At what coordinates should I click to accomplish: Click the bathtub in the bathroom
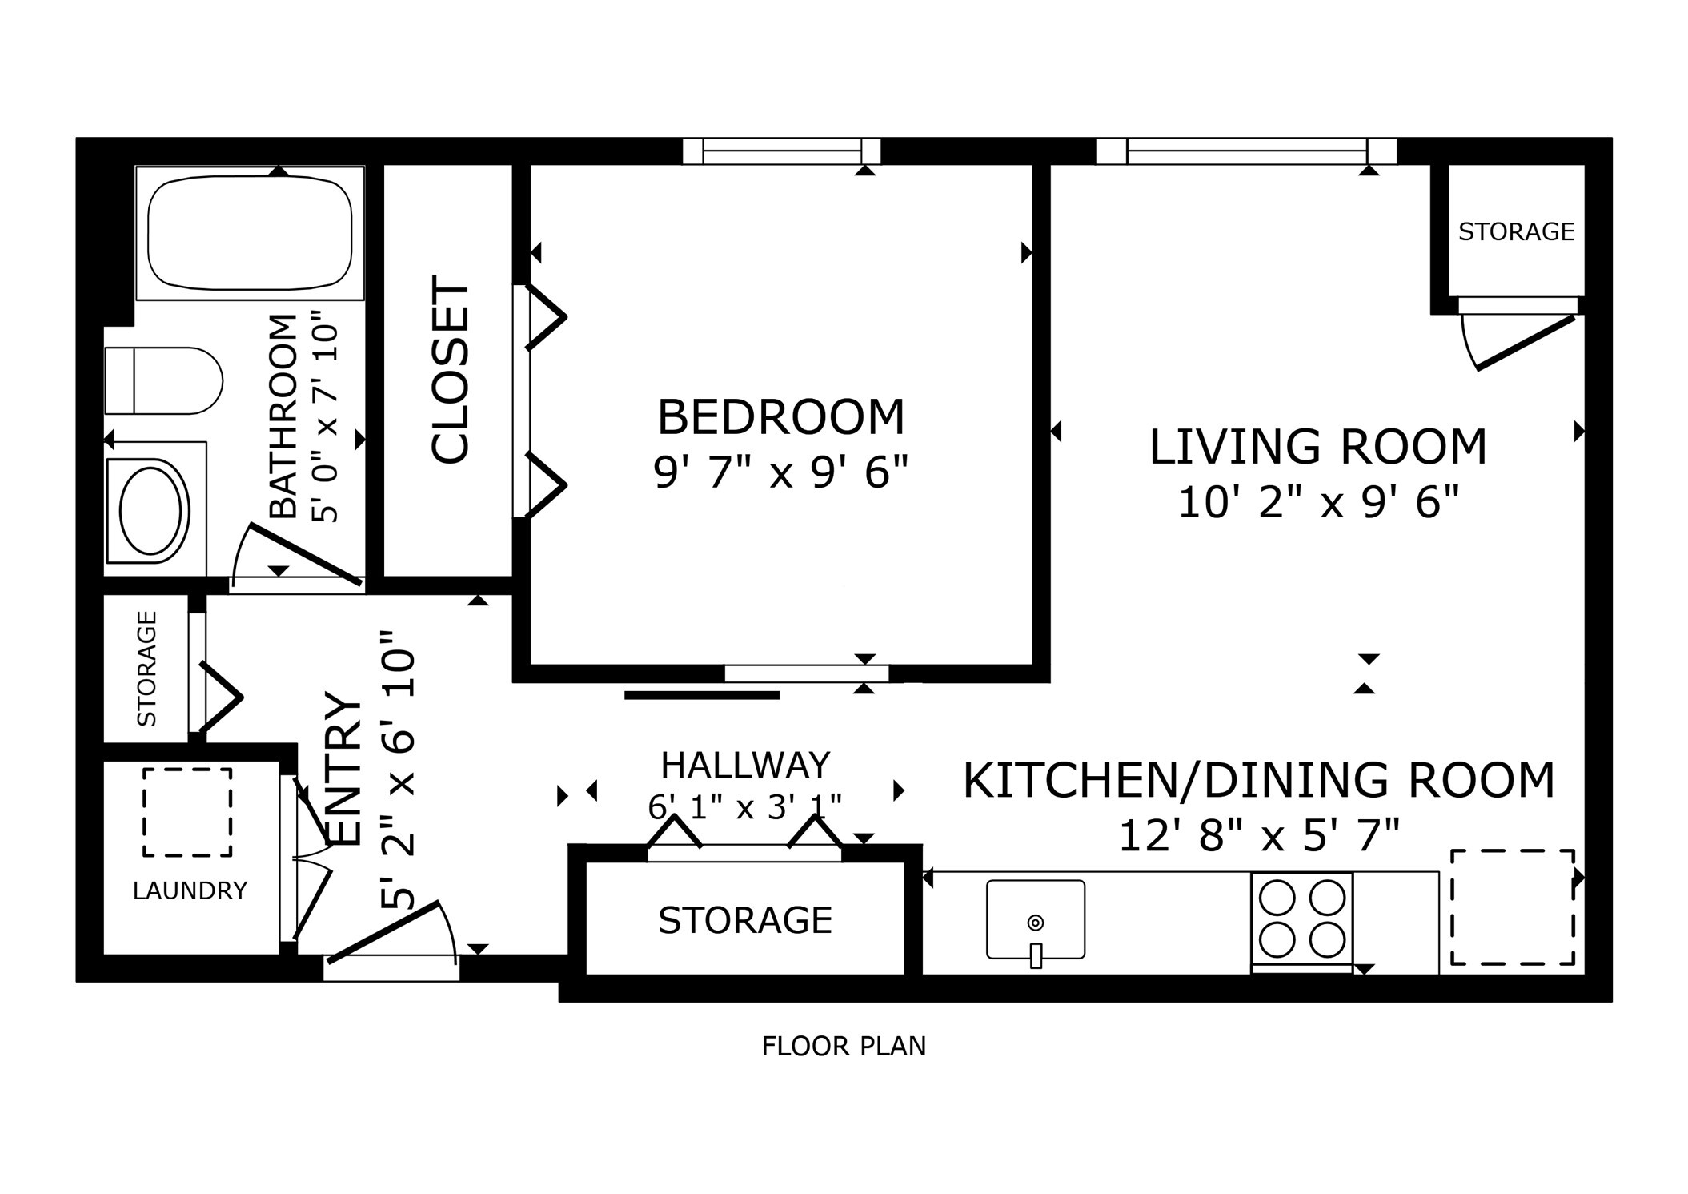coord(250,232)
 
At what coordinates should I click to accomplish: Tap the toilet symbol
coord(164,380)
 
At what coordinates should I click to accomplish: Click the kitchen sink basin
coord(1035,919)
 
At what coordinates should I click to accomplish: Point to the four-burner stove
coord(1301,919)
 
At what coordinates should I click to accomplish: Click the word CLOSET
coord(450,370)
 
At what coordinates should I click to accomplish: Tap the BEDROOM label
coord(780,417)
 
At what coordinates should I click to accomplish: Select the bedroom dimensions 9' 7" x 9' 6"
coord(781,472)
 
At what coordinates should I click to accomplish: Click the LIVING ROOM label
coord(1317,447)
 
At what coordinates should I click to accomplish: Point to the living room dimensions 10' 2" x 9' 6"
coord(1318,503)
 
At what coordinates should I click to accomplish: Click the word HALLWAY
coord(745,766)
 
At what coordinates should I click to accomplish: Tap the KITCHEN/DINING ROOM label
coord(1258,781)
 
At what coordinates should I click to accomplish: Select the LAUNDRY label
coord(190,890)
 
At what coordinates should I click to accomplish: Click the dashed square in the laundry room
coord(187,812)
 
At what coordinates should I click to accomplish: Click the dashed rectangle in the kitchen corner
coord(1512,907)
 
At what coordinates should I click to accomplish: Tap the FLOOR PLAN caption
coord(844,1047)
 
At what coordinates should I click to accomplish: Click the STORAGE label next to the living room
coord(1516,232)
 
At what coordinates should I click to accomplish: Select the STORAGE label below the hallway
coord(745,921)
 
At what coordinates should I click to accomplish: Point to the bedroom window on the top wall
coord(781,151)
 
